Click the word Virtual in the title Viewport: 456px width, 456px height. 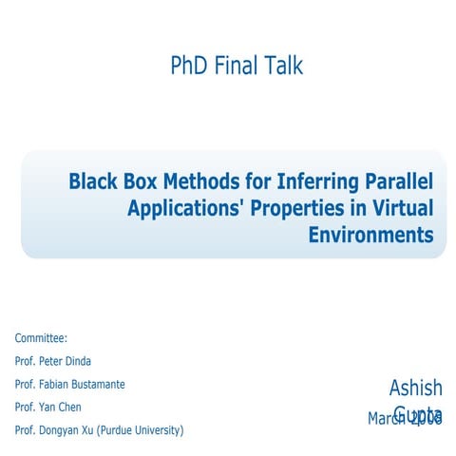tap(399, 207)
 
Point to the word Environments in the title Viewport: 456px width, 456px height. tap(370, 234)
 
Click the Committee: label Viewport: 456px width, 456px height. tap(41, 338)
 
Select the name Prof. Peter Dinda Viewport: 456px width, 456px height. tap(54, 361)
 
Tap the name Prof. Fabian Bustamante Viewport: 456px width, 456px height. tap(69, 384)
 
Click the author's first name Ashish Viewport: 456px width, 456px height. tap(415, 388)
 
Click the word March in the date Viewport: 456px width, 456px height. tap(387, 418)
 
